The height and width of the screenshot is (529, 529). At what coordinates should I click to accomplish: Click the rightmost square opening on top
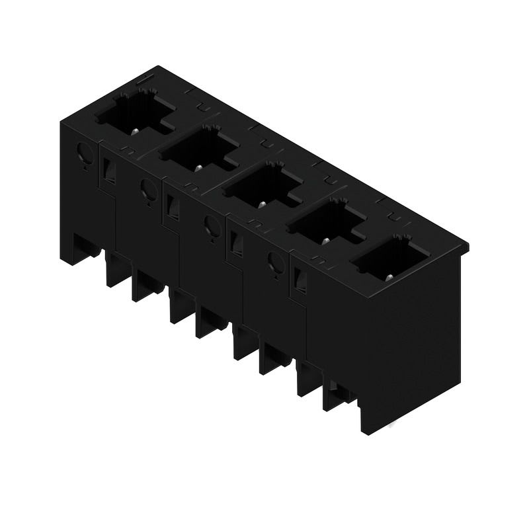pyautogui.click(x=387, y=259)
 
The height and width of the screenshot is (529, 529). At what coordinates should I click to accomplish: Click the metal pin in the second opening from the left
pyautogui.click(x=198, y=168)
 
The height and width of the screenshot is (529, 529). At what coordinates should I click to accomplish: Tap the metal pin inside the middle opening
pyautogui.click(x=261, y=204)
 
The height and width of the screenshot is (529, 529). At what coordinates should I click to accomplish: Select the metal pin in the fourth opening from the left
pyautogui.click(x=325, y=241)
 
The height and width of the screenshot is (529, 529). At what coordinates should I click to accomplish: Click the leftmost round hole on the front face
pyautogui.click(x=85, y=154)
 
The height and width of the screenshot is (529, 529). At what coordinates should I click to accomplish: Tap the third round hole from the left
pyautogui.click(x=212, y=227)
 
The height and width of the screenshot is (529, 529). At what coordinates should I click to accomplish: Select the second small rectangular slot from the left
pyautogui.click(x=172, y=209)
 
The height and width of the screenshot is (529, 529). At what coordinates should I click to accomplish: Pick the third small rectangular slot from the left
pyautogui.click(x=235, y=245)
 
